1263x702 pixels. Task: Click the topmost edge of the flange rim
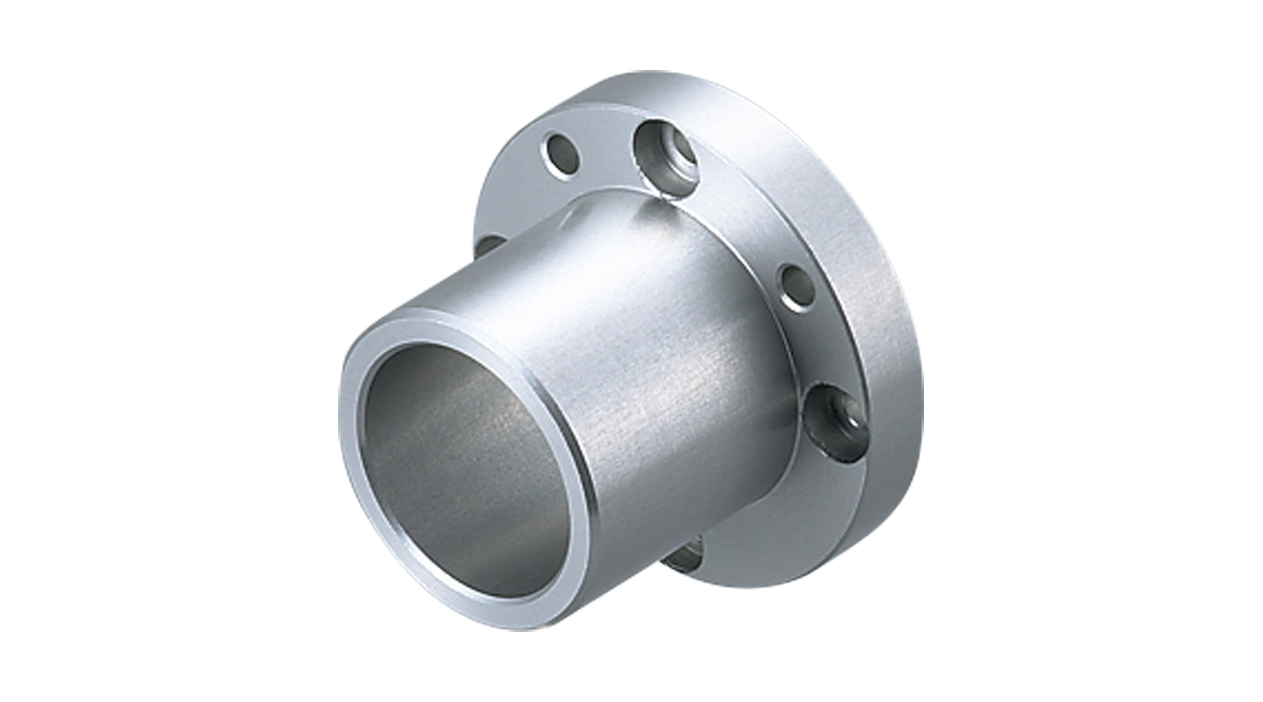pos(635,72)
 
